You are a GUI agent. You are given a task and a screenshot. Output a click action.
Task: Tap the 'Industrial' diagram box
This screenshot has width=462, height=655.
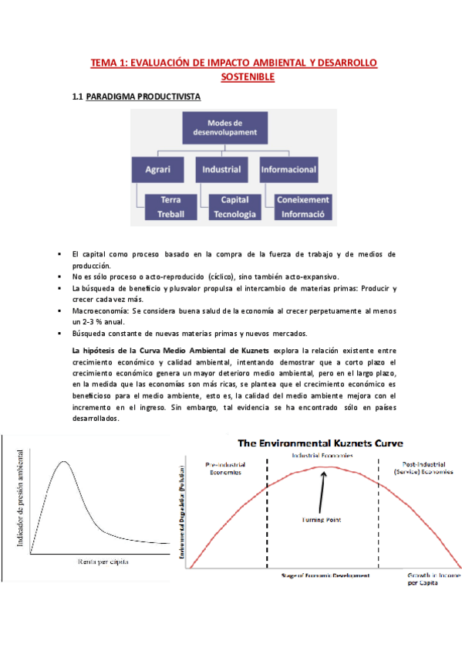[x=221, y=168]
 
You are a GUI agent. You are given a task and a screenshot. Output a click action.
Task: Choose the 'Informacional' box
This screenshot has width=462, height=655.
[x=289, y=168]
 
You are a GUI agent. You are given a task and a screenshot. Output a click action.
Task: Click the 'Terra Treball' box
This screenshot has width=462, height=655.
[x=170, y=206]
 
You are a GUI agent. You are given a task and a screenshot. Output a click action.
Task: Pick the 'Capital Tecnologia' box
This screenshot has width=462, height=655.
[x=234, y=206]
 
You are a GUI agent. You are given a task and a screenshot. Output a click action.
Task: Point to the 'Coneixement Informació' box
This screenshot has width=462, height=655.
[x=302, y=206]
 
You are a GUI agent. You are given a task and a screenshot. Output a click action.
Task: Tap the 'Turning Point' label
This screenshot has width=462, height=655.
[x=322, y=520]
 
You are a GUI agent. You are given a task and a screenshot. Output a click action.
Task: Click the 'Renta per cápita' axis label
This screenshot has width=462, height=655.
[x=103, y=562]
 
